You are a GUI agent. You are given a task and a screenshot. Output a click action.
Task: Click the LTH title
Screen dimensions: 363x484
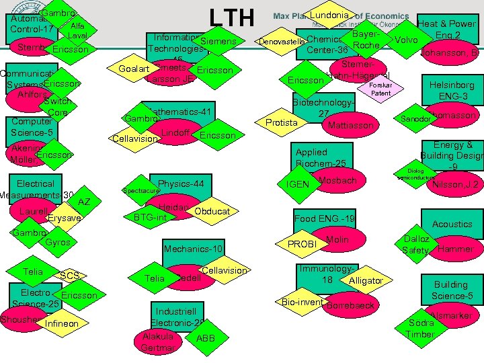pos(231,17)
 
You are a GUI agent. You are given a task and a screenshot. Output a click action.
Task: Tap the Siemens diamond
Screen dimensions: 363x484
pos(218,42)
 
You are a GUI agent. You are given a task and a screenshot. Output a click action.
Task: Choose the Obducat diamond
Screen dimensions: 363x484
pos(212,212)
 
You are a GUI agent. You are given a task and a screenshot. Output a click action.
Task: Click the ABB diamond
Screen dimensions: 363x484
pos(206,338)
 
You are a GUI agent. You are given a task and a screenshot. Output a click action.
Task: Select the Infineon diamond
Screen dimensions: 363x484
pos(61,324)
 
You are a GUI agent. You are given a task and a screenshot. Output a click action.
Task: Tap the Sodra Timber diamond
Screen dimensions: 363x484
pos(421,329)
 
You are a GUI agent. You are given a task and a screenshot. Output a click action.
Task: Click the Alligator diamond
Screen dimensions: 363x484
pos(366,280)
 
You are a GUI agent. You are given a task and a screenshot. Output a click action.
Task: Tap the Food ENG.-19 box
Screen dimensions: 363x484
pos(324,220)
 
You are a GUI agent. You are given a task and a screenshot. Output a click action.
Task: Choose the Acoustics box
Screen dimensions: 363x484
pos(452,224)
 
